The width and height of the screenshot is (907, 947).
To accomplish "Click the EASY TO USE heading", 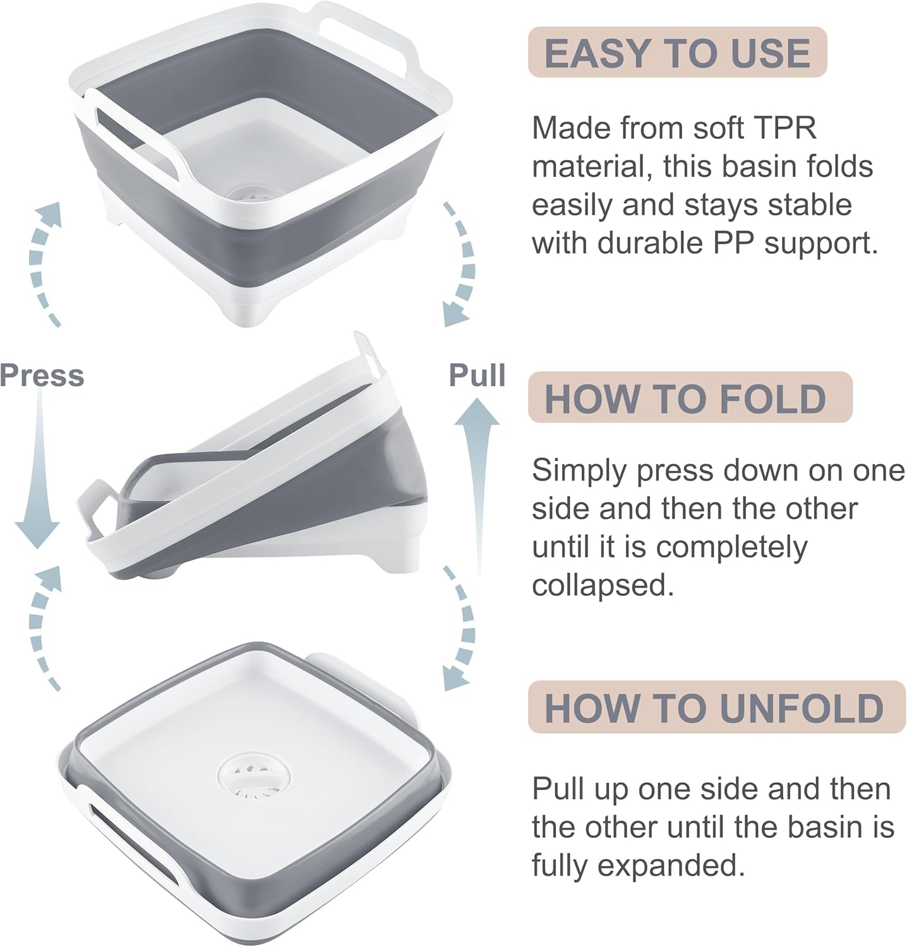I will pyautogui.click(x=677, y=52).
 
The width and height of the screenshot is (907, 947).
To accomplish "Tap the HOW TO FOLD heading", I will pyautogui.click(x=685, y=398).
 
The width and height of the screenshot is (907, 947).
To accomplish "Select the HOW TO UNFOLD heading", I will pyautogui.click(x=714, y=708).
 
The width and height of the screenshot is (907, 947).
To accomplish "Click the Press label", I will pyautogui.click(x=42, y=375).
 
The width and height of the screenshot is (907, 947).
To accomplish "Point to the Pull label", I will pyautogui.click(x=477, y=375).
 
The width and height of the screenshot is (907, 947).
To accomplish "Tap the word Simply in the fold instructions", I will pyautogui.click(x=580, y=470).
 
